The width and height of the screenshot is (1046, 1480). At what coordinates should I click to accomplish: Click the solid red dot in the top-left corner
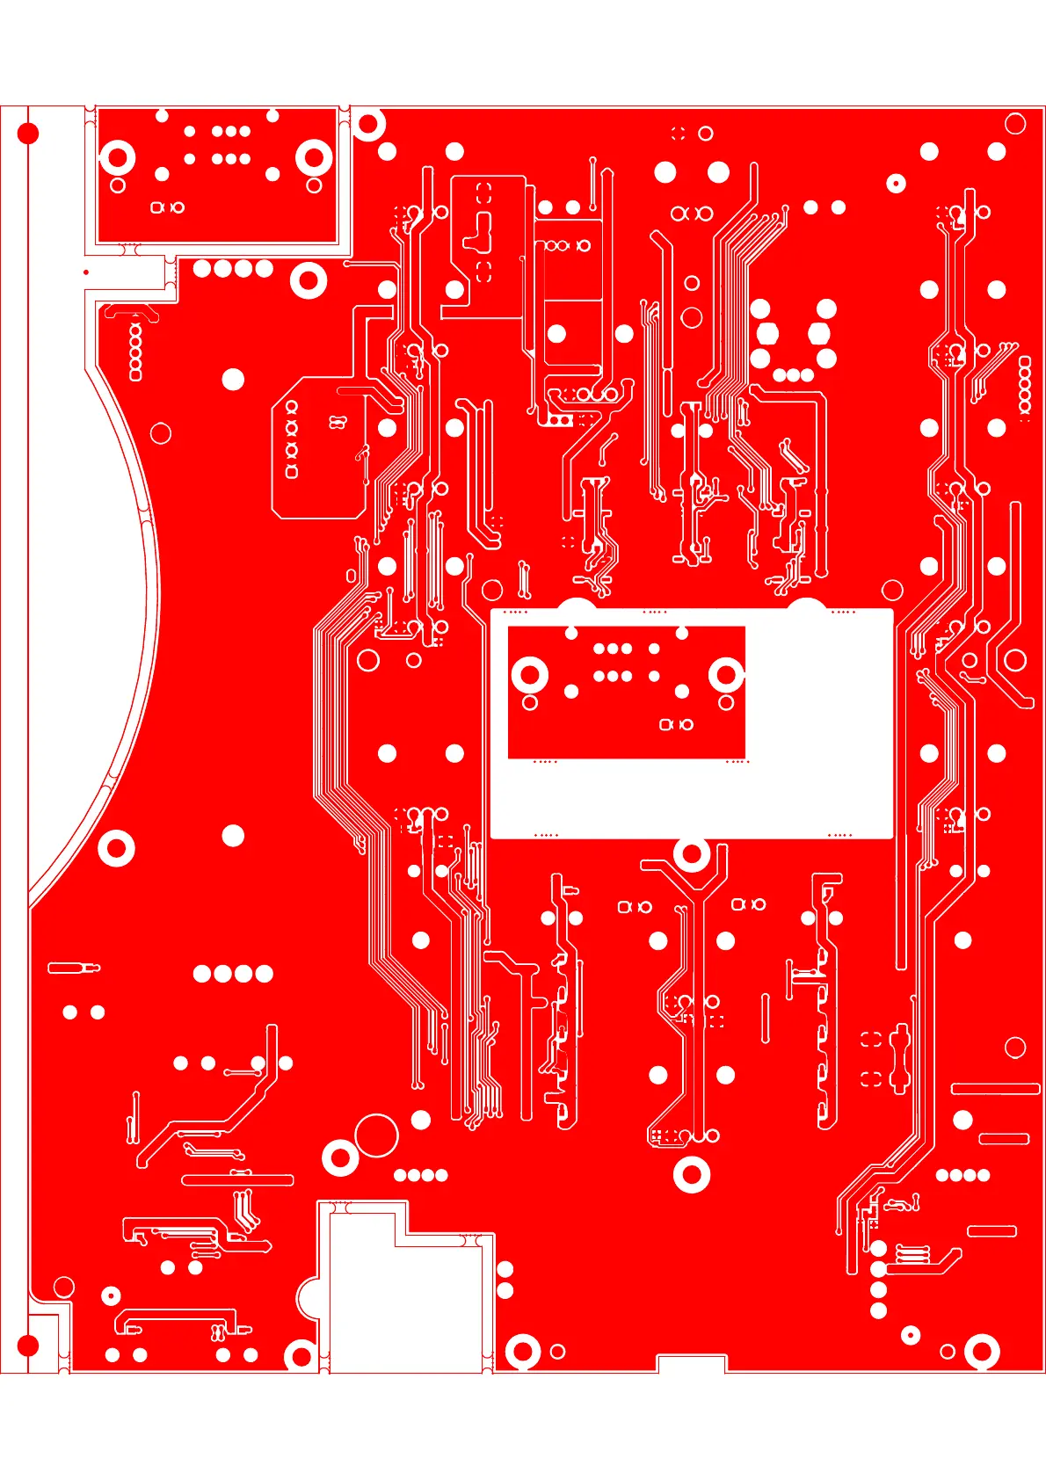[28, 134]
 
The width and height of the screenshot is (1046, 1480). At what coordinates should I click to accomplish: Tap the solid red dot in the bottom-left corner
[28, 1345]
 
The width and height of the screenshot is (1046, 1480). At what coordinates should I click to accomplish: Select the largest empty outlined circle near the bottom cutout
[376, 1135]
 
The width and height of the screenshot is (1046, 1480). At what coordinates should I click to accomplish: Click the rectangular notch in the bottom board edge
[692, 1363]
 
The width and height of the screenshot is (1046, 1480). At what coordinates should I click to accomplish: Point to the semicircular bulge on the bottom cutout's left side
[307, 1296]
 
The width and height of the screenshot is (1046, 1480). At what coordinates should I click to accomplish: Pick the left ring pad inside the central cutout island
[530, 675]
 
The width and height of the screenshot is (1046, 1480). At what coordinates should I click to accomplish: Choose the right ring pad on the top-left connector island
[314, 159]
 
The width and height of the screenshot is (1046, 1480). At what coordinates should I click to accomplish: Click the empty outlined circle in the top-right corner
[1015, 123]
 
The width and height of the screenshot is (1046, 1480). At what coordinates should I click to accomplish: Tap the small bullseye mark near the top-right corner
[896, 183]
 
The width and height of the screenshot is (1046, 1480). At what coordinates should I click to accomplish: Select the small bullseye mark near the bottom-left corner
[111, 1295]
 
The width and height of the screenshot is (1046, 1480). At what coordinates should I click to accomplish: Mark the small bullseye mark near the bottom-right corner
[911, 1336]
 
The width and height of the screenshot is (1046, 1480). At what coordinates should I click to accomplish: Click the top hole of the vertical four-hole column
[878, 1248]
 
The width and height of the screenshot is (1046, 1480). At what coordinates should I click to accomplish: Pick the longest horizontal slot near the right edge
[995, 1089]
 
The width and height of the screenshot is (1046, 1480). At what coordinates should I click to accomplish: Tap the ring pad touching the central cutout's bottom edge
[692, 853]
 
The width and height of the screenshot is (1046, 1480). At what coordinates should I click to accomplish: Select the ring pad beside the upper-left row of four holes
[309, 281]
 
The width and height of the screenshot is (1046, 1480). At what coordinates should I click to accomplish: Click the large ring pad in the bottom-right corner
[982, 1351]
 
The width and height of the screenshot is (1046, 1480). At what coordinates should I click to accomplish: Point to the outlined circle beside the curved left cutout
[161, 433]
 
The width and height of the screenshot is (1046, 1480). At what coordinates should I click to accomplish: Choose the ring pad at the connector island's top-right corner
[368, 124]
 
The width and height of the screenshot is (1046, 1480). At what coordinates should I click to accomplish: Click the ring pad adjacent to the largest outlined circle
[340, 1157]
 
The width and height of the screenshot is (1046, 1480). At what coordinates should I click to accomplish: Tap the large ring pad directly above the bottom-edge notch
[692, 1174]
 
